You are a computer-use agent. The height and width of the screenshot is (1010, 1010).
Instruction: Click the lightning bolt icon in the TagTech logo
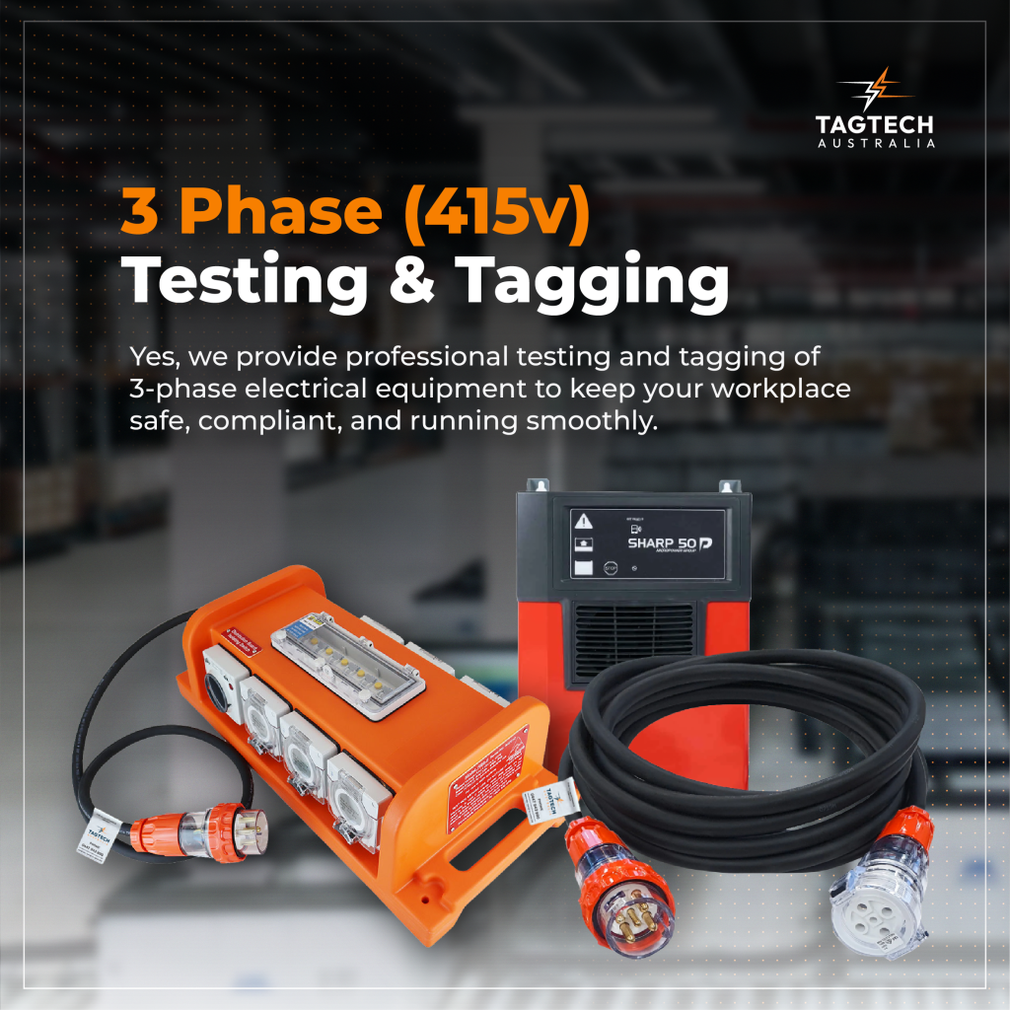pyautogui.click(x=874, y=90)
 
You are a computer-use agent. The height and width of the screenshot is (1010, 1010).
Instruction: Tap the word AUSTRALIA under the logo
pyautogui.click(x=875, y=143)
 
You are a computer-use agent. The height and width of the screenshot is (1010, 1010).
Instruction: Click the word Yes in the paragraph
pyautogui.click(x=150, y=355)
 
